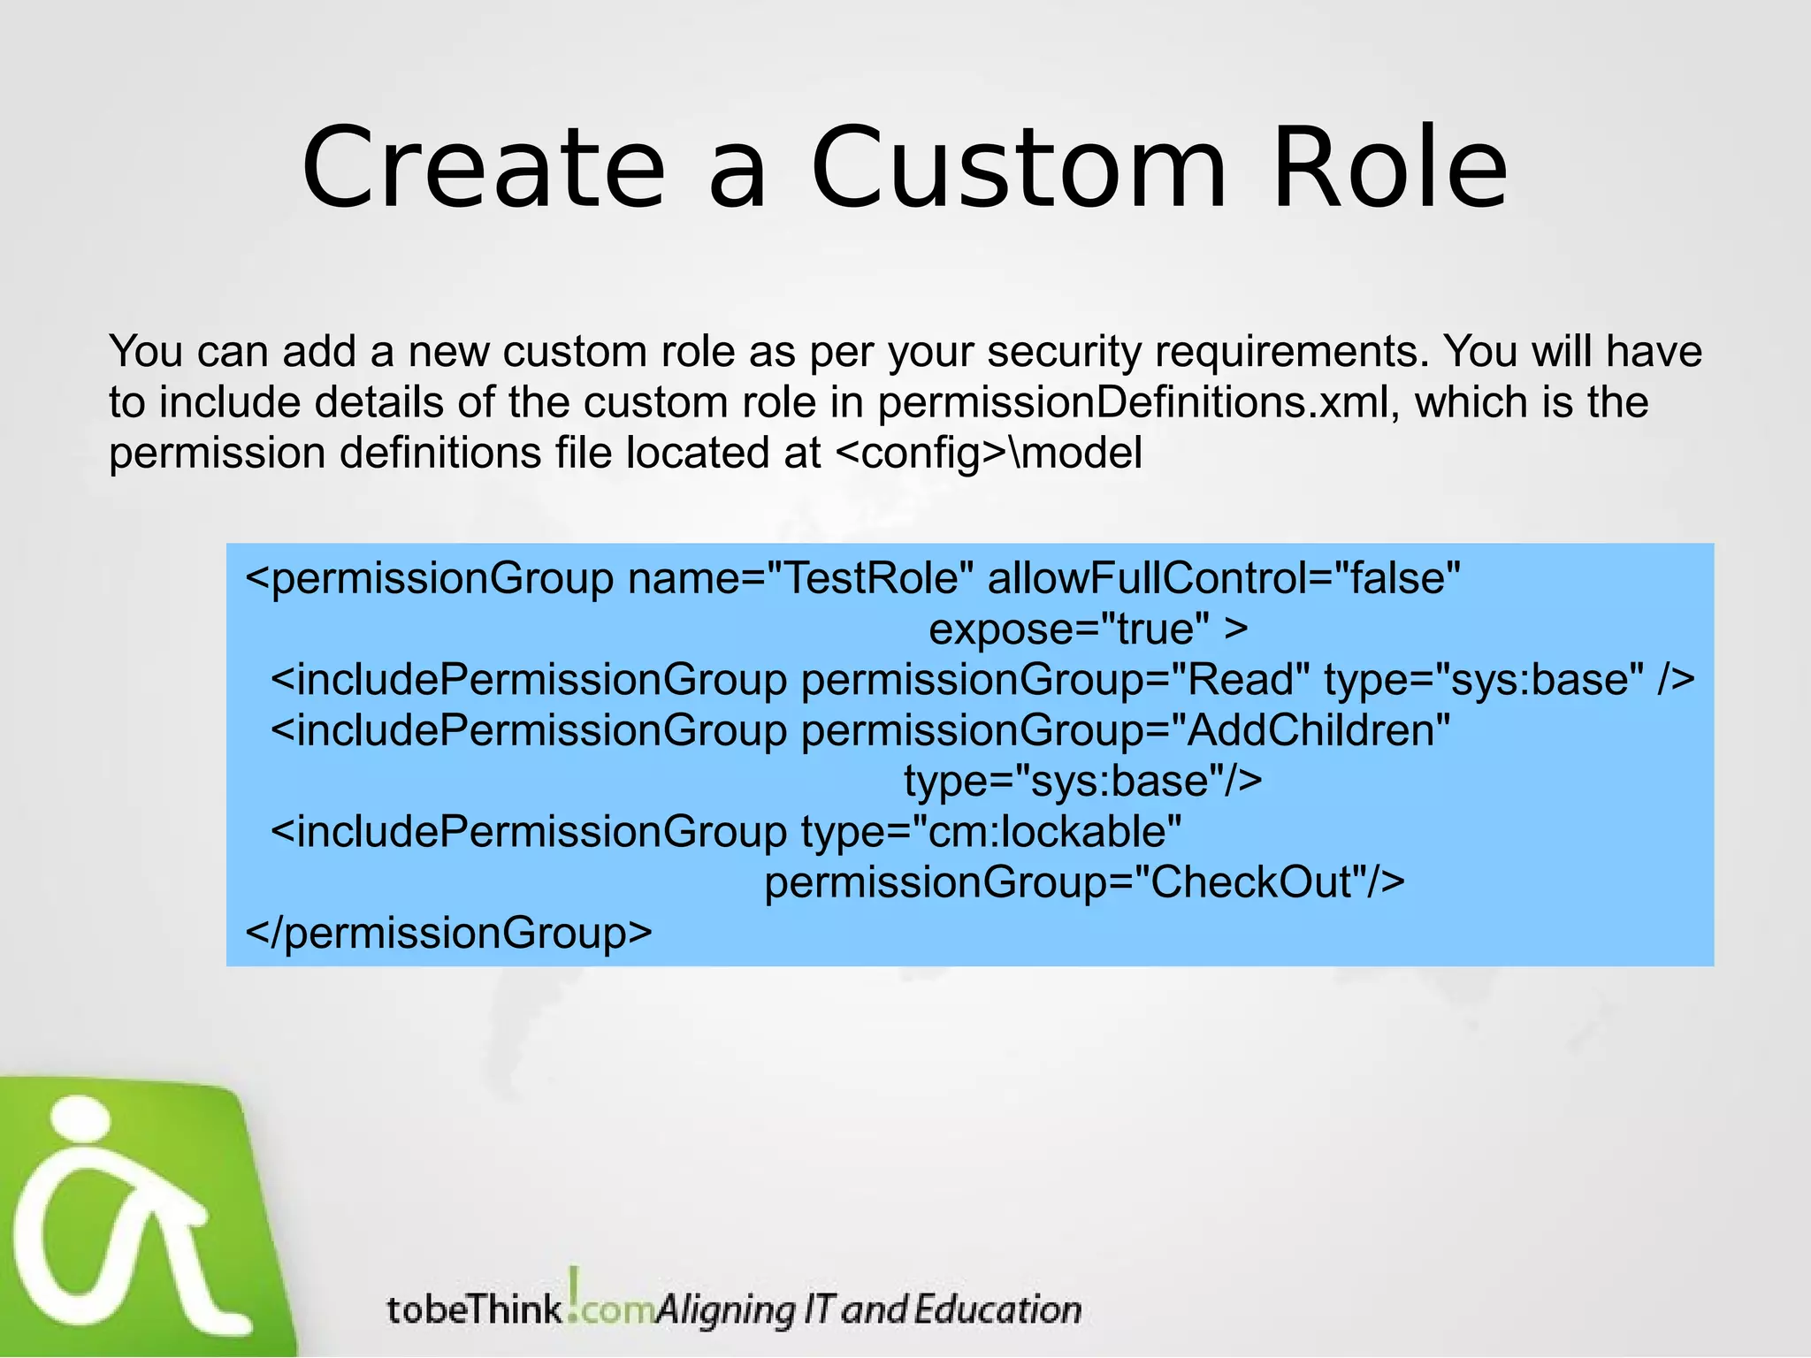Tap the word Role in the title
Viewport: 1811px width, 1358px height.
pyautogui.click(x=1389, y=168)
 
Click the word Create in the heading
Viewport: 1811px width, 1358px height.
pyautogui.click(x=483, y=168)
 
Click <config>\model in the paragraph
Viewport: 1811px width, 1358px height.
pyautogui.click(x=988, y=454)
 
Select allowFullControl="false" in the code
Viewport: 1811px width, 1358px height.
pyautogui.click(x=1223, y=579)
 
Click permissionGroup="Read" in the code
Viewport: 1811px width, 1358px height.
pyautogui.click(x=1056, y=680)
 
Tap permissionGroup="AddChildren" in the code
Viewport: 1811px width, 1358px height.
pyautogui.click(x=1126, y=731)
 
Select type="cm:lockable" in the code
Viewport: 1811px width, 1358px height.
pyautogui.click(x=991, y=832)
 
